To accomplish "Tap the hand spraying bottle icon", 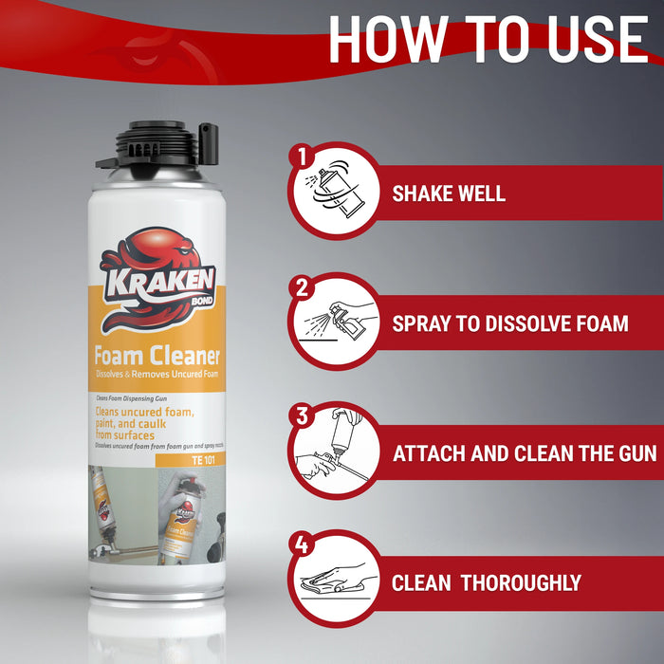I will click(333, 322).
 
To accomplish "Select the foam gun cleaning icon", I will click(333, 452).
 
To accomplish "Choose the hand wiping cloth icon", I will click(333, 581).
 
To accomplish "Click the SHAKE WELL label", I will click(449, 194).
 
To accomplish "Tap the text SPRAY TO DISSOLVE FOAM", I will click(510, 323).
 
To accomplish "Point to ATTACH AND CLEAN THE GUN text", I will click(525, 452).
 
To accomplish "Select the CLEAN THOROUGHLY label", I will click(487, 582).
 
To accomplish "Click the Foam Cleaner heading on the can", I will click(157, 357).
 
